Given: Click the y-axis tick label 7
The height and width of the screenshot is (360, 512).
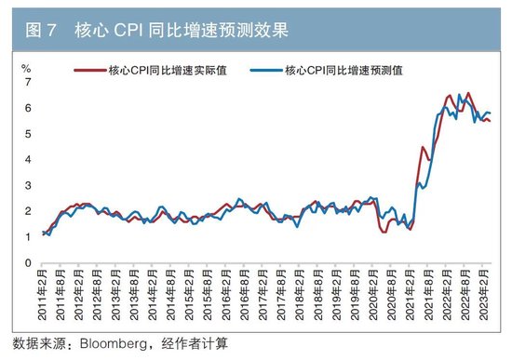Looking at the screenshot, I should tap(28, 83).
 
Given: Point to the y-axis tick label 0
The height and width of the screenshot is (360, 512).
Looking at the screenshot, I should tap(28, 263).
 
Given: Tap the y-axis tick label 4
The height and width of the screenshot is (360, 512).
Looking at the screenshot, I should tap(28, 160).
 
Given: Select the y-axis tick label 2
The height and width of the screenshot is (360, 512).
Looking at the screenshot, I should tap(28, 211).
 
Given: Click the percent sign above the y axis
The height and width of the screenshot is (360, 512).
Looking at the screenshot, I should tap(27, 68).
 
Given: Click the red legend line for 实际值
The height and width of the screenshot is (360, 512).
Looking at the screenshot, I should tap(89, 70).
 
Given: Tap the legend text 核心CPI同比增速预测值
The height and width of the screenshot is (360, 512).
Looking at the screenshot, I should tap(343, 70).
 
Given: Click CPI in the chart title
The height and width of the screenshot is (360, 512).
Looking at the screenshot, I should tap(132, 30).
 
